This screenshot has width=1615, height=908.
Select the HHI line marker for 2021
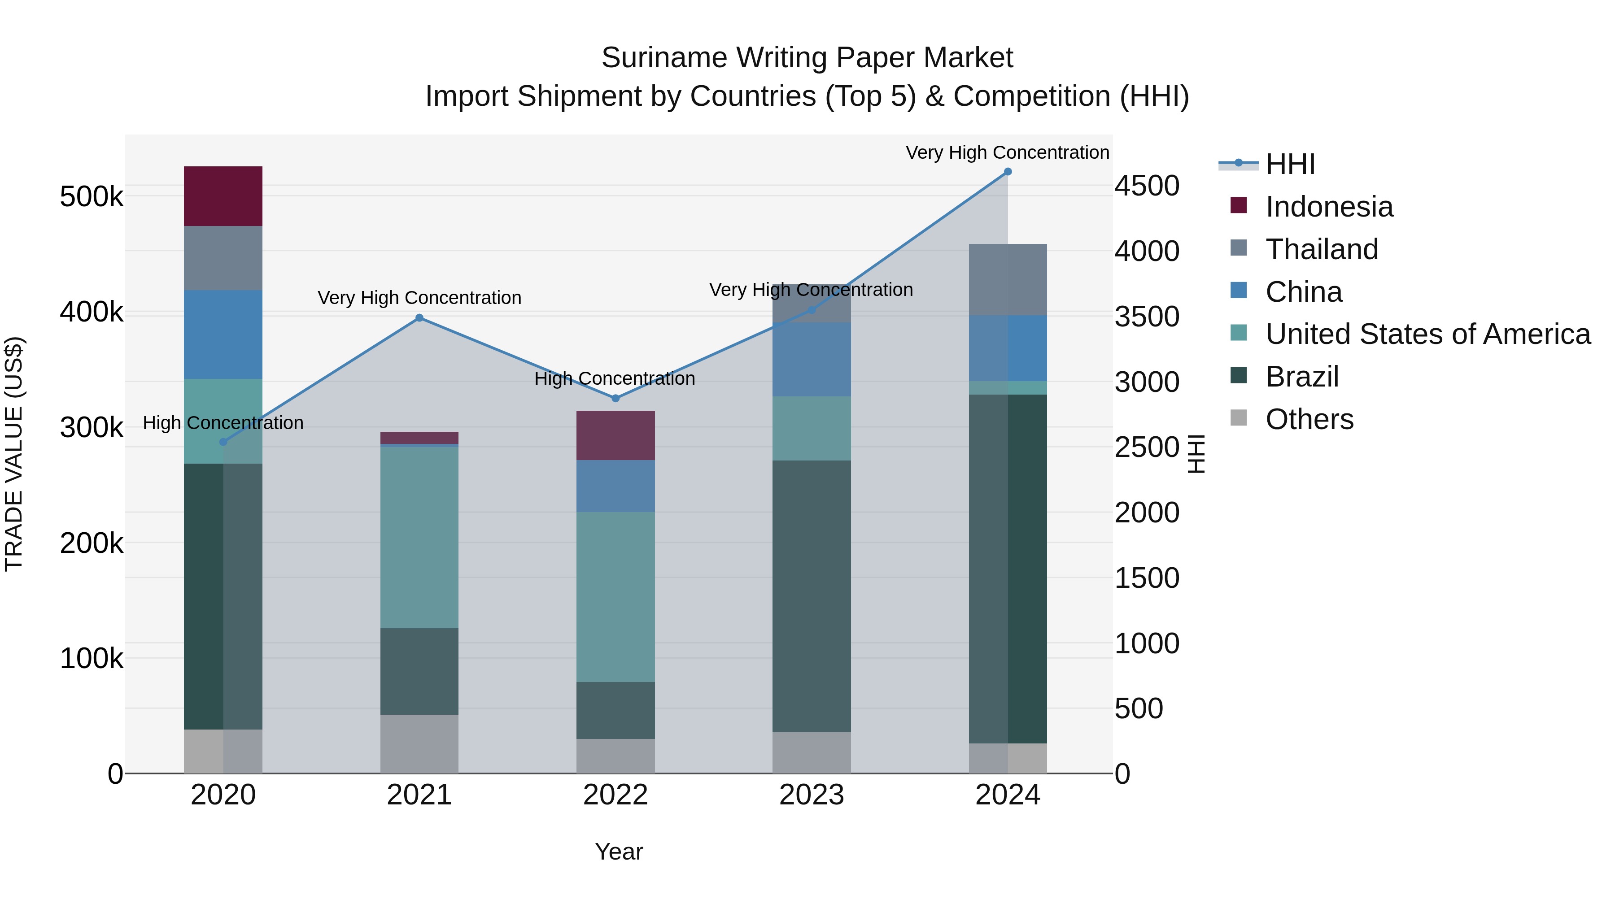[419, 318]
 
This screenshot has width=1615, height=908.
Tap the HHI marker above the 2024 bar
[1008, 172]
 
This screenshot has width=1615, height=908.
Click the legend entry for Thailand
[1322, 249]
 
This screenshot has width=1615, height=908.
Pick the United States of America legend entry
[1427, 335]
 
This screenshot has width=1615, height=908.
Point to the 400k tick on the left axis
[92, 312]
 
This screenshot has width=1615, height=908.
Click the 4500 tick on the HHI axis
[1147, 186]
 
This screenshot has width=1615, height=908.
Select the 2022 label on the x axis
[615, 795]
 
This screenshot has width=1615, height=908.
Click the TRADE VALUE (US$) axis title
[14, 454]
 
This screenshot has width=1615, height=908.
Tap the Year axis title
[619, 852]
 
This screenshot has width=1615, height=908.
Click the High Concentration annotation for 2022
[615, 378]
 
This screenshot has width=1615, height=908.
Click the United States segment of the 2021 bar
[419, 537]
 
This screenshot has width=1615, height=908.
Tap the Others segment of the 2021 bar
[419, 744]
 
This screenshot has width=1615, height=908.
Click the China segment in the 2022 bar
[615, 486]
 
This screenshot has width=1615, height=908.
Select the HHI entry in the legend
[1290, 164]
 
